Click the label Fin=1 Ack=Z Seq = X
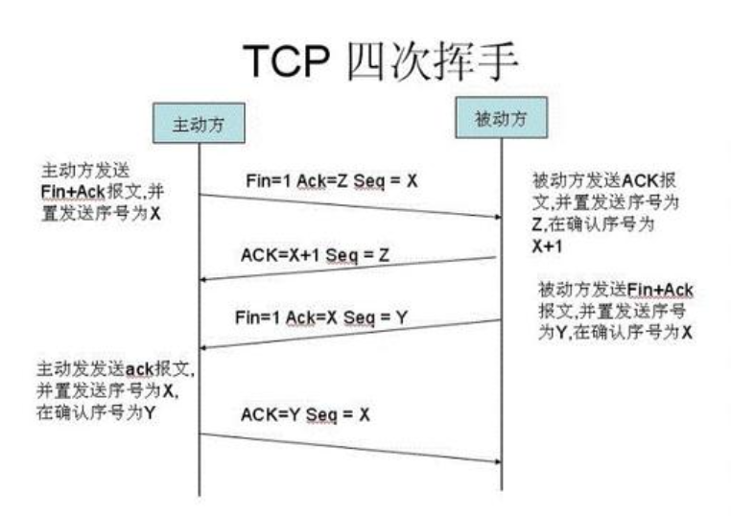click(x=332, y=178)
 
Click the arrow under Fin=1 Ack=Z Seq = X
click(x=350, y=206)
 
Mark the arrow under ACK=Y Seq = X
click(x=350, y=447)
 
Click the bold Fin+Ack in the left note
click(x=70, y=191)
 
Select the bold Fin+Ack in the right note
click(x=661, y=289)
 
